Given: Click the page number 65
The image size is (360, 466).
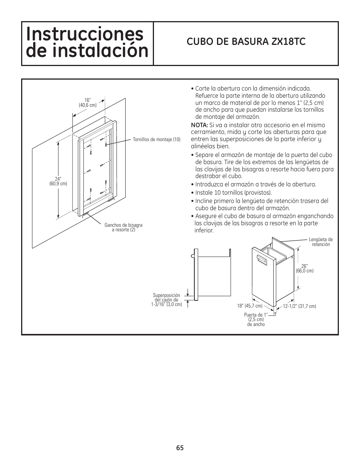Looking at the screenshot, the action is coord(180,448).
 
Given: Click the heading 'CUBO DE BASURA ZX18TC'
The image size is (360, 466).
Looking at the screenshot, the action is coord(246,42).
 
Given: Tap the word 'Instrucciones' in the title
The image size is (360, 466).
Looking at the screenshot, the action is coord(85,34).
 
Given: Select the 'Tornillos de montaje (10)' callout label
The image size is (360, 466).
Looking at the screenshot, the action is coord(157,140).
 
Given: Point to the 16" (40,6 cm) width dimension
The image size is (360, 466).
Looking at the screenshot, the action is coord(88,102).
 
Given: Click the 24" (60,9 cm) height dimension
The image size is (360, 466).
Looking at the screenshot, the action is coord(58,181).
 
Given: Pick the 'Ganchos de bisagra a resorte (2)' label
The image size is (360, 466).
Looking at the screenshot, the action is coord(123,228).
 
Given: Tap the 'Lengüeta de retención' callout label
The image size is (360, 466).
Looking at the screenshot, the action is coord(320,242).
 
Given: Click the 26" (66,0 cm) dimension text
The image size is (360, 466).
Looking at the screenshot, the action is coord(305,268).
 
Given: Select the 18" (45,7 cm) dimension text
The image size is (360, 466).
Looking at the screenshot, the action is coord(249,306).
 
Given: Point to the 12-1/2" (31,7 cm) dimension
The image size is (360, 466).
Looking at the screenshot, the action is coord(300,306).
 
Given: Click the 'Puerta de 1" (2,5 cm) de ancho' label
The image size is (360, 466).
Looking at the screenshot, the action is coord(256,320).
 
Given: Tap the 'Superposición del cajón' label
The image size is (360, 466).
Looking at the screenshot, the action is coord(166,300).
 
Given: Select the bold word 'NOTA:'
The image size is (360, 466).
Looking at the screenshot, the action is coord(199,125).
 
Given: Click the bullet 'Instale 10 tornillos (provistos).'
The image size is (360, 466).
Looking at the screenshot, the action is coord(233,193).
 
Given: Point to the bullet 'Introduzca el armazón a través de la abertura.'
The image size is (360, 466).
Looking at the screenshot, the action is coord(255,185).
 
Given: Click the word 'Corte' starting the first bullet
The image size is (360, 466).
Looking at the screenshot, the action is coord(202,89).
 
